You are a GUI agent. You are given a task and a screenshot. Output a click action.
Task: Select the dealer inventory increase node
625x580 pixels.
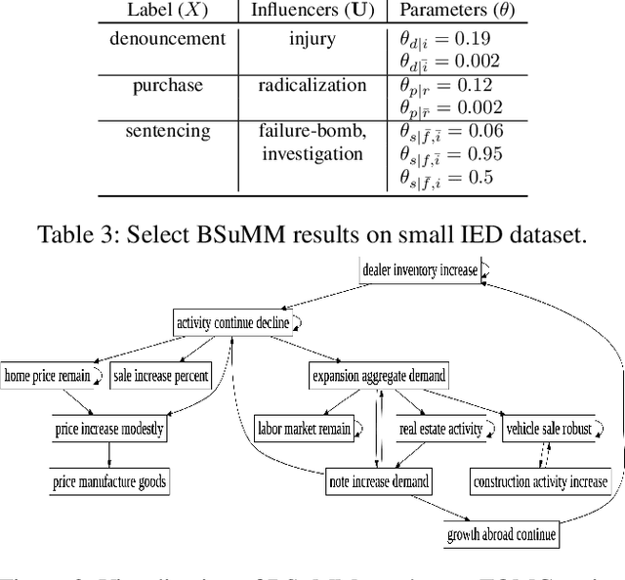pos(419,270)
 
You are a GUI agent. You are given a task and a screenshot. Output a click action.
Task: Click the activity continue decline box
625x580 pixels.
pos(232,322)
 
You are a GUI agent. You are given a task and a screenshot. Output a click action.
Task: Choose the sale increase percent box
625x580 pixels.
pos(159,375)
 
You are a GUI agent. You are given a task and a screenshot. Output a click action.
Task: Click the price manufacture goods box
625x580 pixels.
pos(108,481)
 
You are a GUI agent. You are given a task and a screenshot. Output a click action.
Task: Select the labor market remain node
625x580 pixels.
pos(304,428)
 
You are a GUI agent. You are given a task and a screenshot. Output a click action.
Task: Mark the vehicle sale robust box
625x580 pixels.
pos(548,428)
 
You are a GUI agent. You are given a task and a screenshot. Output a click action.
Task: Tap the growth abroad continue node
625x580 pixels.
pos(502,534)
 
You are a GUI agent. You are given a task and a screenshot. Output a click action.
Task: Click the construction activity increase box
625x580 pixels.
pos(539,481)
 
